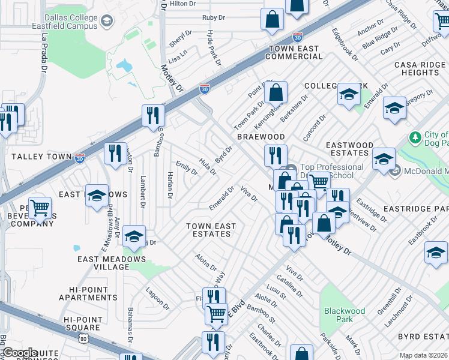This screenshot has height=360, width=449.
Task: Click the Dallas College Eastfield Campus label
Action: click(62, 23)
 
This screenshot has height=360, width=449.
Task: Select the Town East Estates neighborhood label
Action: click(211, 230)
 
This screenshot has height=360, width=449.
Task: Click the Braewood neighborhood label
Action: click(260, 137)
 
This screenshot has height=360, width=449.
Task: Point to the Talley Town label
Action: click(33, 156)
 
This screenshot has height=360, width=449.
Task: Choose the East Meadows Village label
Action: click(112, 263)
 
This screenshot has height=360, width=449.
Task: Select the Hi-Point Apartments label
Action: click(88, 293)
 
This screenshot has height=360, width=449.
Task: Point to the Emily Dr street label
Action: click(186, 167)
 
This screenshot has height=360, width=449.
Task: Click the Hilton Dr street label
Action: click(183, 4)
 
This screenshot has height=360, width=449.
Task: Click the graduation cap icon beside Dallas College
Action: click(106, 22)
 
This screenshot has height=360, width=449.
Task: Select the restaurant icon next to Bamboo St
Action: click(154, 115)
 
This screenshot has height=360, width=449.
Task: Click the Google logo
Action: click(19, 352)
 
